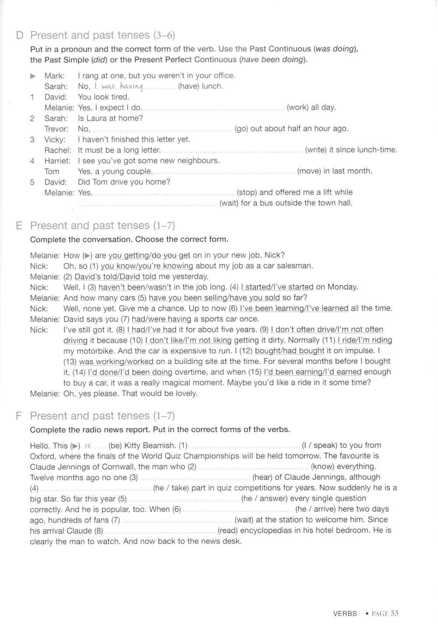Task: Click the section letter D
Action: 19,36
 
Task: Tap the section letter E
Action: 19,226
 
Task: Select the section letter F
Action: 18,416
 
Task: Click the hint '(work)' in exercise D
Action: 297,107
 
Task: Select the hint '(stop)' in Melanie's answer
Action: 247,192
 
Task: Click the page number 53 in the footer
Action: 394,613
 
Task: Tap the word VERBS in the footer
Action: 345,614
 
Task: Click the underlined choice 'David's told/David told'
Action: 115,277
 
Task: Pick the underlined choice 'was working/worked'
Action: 116,362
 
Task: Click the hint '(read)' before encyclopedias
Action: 228,530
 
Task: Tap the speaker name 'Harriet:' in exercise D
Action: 57,161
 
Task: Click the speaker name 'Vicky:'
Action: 55,139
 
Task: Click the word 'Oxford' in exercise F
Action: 42,456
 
